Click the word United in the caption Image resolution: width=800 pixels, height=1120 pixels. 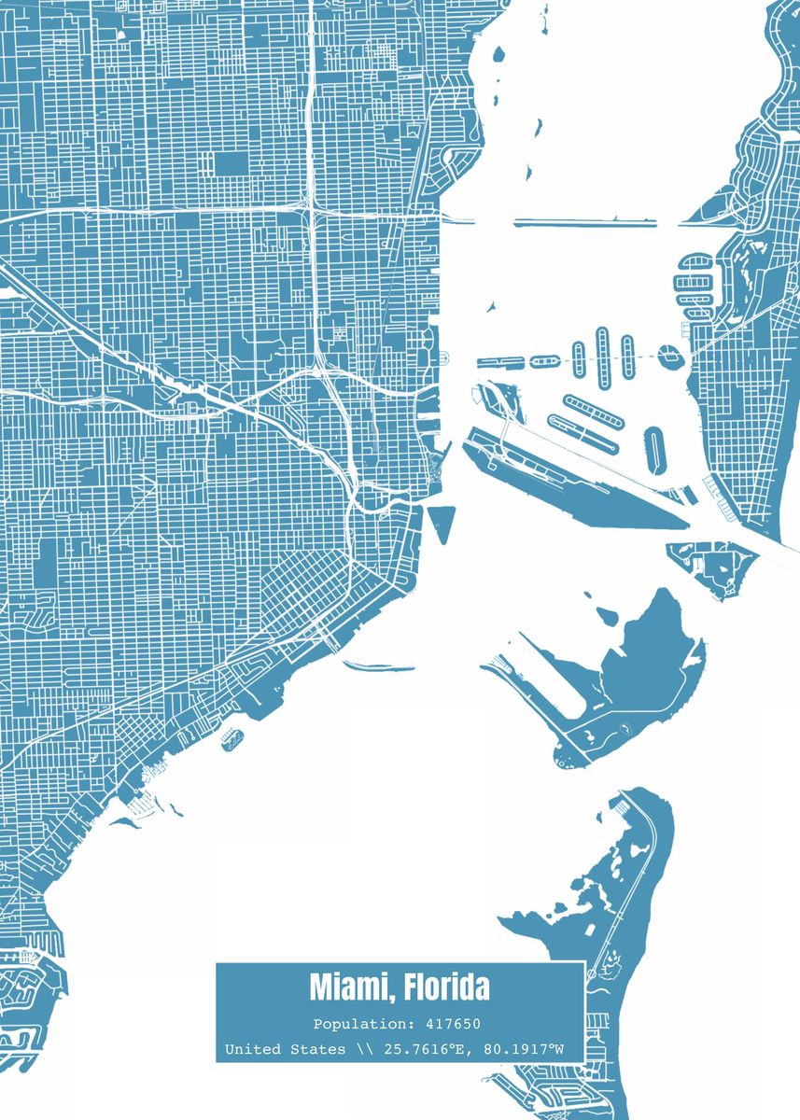(x=252, y=1050)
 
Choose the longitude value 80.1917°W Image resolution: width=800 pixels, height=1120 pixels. (x=526, y=1050)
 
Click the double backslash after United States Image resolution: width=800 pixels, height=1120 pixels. (x=363, y=1050)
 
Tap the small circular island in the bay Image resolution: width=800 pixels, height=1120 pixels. (x=667, y=356)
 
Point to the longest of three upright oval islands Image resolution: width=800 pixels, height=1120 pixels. (x=603, y=356)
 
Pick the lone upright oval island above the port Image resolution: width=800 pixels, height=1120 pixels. (x=654, y=449)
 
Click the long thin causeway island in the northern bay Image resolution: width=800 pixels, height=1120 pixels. (x=584, y=222)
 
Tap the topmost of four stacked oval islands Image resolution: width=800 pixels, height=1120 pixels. (x=692, y=261)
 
